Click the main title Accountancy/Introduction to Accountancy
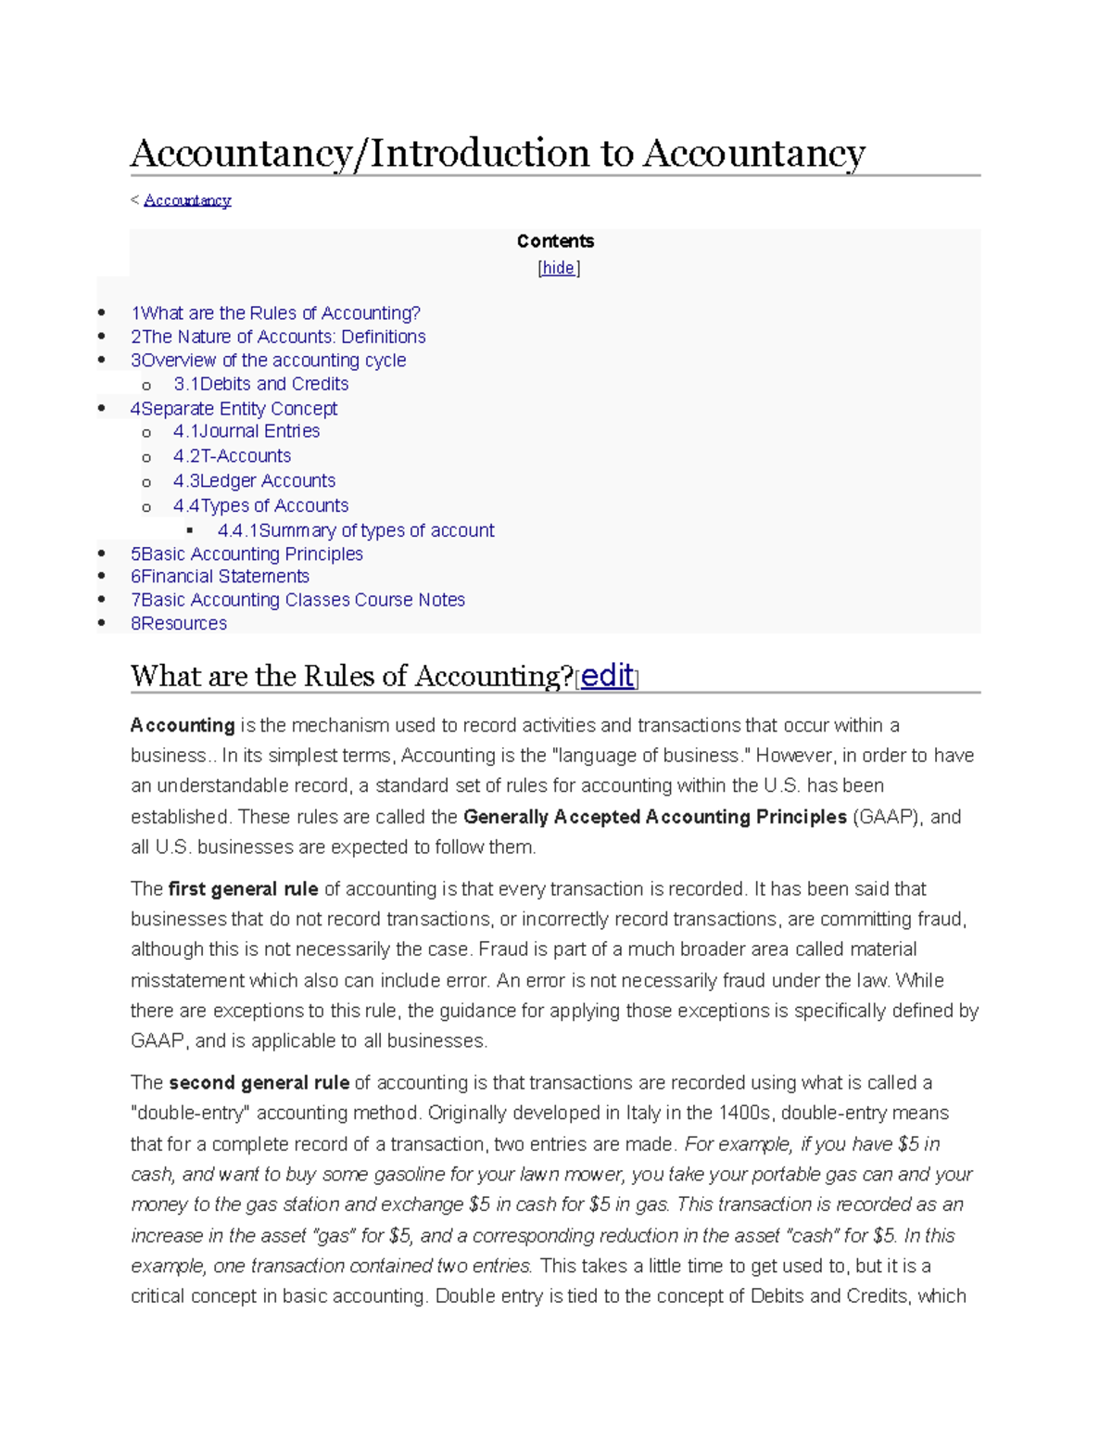pyautogui.click(x=498, y=153)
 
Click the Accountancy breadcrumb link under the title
pyautogui.click(x=187, y=200)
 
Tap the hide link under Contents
pyautogui.click(x=558, y=268)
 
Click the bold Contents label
pyautogui.click(x=555, y=241)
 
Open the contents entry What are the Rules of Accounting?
pyautogui.click(x=275, y=313)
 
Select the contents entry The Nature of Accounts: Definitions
pyautogui.click(x=278, y=337)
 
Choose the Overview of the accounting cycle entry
pyautogui.click(x=268, y=361)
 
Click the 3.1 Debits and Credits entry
pyautogui.click(x=260, y=384)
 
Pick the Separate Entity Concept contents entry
pyautogui.click(x=234, y=409)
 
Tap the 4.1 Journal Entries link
pyautogui.click(x=246, y=431)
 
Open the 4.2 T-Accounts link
pyautogui.click(x=232, y=456)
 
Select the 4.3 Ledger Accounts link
pyautogui.click(x=254, y=481)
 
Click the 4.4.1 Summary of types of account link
pyautogui.click(x=356, y=530)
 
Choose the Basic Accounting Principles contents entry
pyautogui.click(x=246, y=554)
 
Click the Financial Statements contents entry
pyautogui.click(x=220, y=577)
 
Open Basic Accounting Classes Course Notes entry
pyautogui.click(x=297, y=600)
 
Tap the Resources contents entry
pyautogui.click(x=179, y=624)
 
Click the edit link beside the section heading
pyautogui.click(x=607, y=676)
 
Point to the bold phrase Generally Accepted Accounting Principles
pyautogui.click(x=654, y=817)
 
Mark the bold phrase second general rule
pyautogui.click(x=259, y=1083)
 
